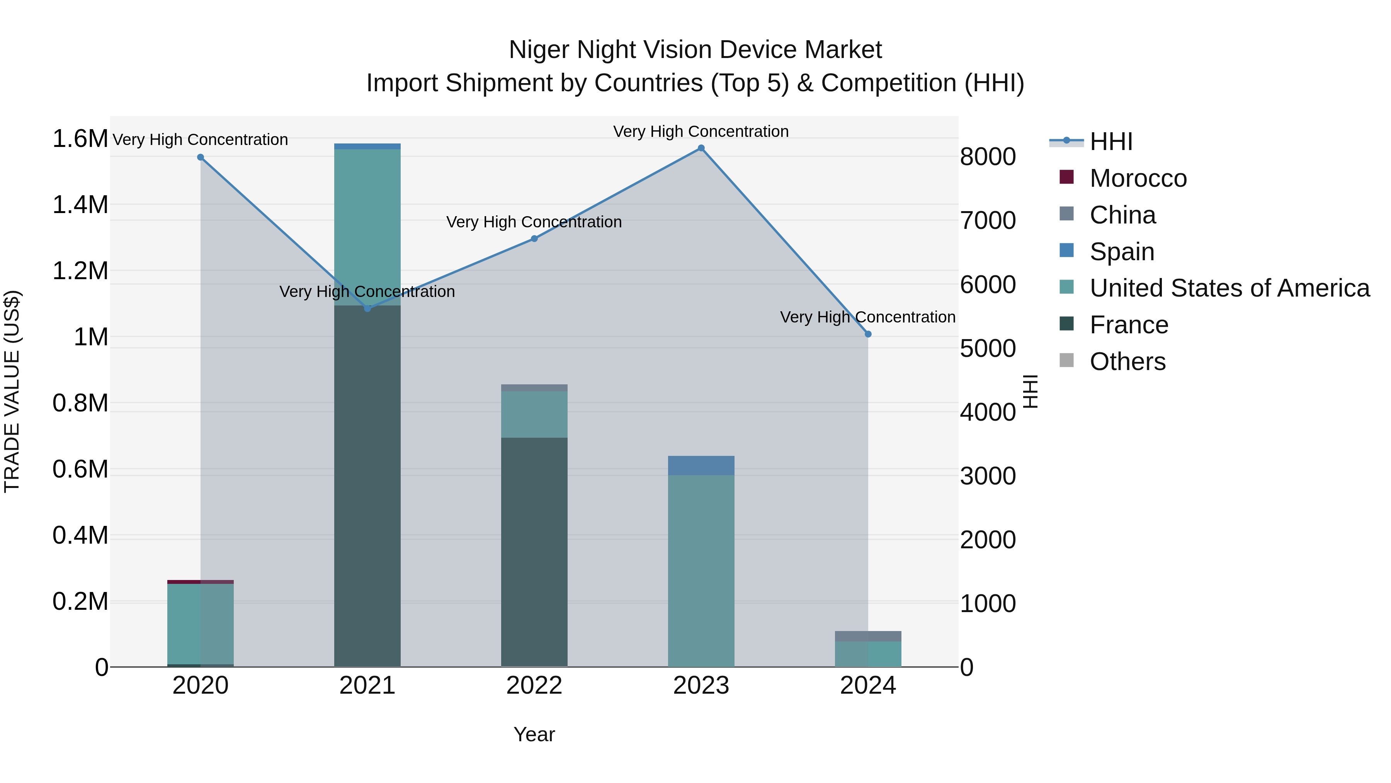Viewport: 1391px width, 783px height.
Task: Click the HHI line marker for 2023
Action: click(x=701, y=148)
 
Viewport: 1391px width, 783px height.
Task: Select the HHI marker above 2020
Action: click(x=200, y=157)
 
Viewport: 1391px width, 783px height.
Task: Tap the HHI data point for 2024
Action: click(x=868, y=334)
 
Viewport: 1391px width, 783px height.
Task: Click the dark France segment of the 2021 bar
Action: click(x=367, y=486)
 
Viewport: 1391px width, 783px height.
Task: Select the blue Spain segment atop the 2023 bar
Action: click(x=701, y=465)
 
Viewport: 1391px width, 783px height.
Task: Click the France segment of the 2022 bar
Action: click(x=534, y=551)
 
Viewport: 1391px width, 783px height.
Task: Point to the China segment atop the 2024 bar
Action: click(x=868, y=636)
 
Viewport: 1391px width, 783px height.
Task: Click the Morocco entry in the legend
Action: click(x=1138, y=178)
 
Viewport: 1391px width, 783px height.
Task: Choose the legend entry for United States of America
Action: click(x=1229, y=288)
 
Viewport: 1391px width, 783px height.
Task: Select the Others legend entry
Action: click(x=1127, y=362)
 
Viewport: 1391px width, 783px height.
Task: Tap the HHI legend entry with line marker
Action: click(x=1110, y=142)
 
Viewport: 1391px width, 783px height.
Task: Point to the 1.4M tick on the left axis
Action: click(x=80, y=205)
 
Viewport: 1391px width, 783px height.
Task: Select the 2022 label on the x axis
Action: click(x=534, y=686)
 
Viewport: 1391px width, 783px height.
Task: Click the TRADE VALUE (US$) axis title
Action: click(x=12, y=391)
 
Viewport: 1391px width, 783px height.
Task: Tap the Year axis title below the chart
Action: click(x=534, y=734)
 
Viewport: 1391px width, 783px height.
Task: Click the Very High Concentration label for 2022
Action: click(x=534, y=222)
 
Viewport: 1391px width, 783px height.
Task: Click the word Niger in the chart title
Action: click(x=539, y=50)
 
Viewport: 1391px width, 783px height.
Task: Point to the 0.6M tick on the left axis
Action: click(x=80, y=469)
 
